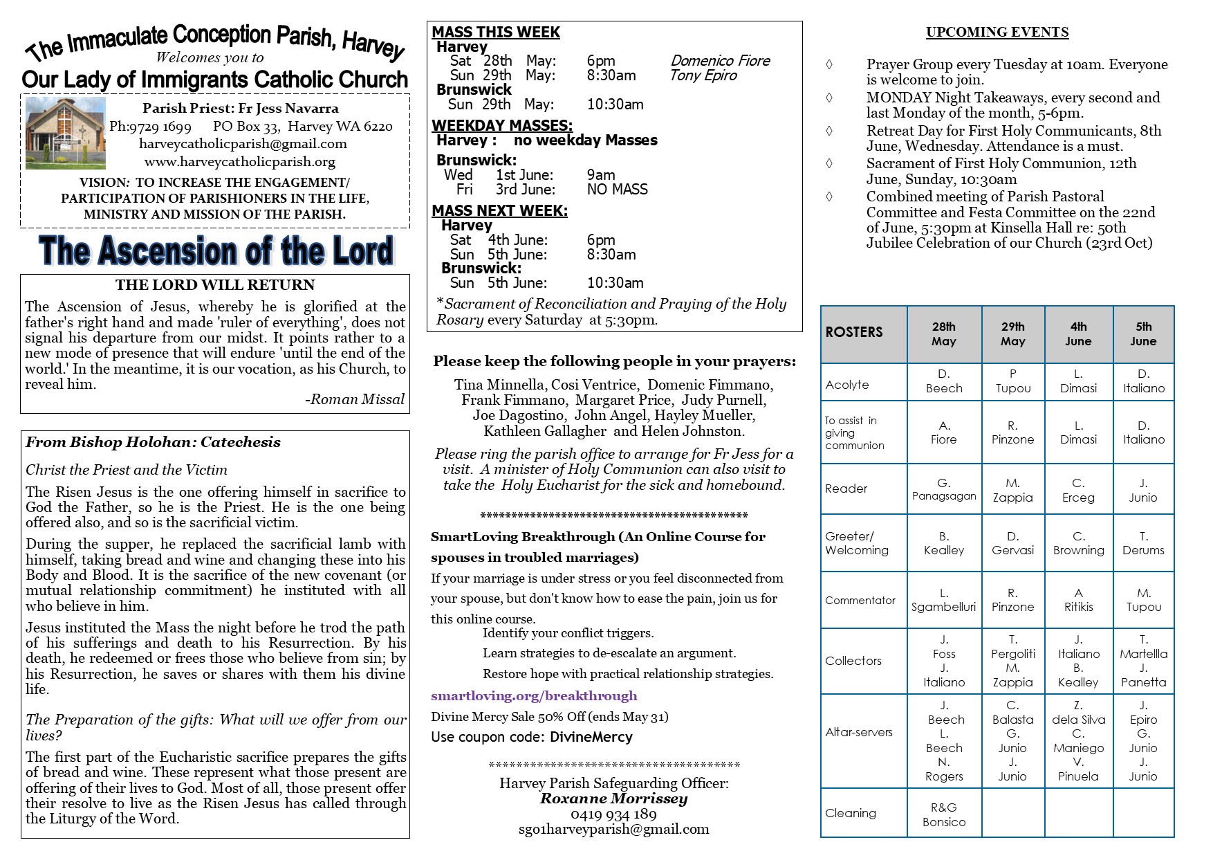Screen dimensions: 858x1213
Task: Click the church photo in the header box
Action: click(66, 133)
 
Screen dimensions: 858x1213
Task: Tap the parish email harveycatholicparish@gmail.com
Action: click(243, 144)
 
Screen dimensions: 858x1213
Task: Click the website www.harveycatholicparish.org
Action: click(239, 162)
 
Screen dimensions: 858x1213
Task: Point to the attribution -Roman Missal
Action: click(354, 399)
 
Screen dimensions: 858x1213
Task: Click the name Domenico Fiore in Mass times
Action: click(720, 61)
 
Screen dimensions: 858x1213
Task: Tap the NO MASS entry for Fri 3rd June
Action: click(617, 190)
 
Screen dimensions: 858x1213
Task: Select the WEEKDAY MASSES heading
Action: click(502, 125)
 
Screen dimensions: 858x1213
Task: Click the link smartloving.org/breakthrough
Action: click(534, 696)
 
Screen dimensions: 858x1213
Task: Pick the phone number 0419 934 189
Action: click(613, 814)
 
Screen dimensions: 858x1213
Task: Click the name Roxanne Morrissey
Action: click(613, 798)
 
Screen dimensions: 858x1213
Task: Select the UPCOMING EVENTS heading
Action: click(997, 32)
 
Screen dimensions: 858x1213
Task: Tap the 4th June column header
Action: click(1078, 334)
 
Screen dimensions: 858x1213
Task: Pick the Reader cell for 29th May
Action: click(1012, 490)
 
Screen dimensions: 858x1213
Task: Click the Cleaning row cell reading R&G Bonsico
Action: click(944, 814)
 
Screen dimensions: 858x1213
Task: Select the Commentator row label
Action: click(860, 600)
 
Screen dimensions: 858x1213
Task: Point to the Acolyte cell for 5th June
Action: click(1143, 381)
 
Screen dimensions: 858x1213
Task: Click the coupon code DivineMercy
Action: click(591, 737)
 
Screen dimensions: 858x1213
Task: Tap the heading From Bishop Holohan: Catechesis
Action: click(153, 442)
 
